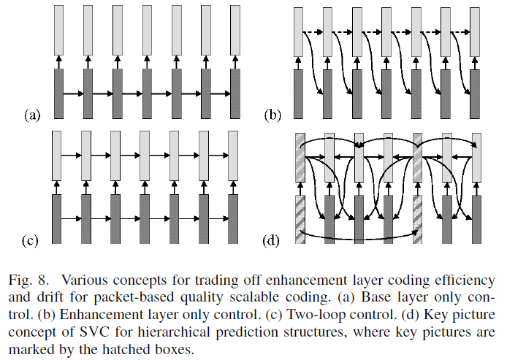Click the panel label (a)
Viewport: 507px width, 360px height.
(33, 115)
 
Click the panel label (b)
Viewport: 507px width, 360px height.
(272, 115)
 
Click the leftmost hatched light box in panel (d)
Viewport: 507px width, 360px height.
(299, 157)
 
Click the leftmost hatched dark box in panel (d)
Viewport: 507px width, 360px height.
(299, 218)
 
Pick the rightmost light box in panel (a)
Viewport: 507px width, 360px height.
(234, 31)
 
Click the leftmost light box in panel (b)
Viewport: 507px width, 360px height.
(298, 31)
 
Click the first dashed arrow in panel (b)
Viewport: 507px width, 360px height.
(313, 31)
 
